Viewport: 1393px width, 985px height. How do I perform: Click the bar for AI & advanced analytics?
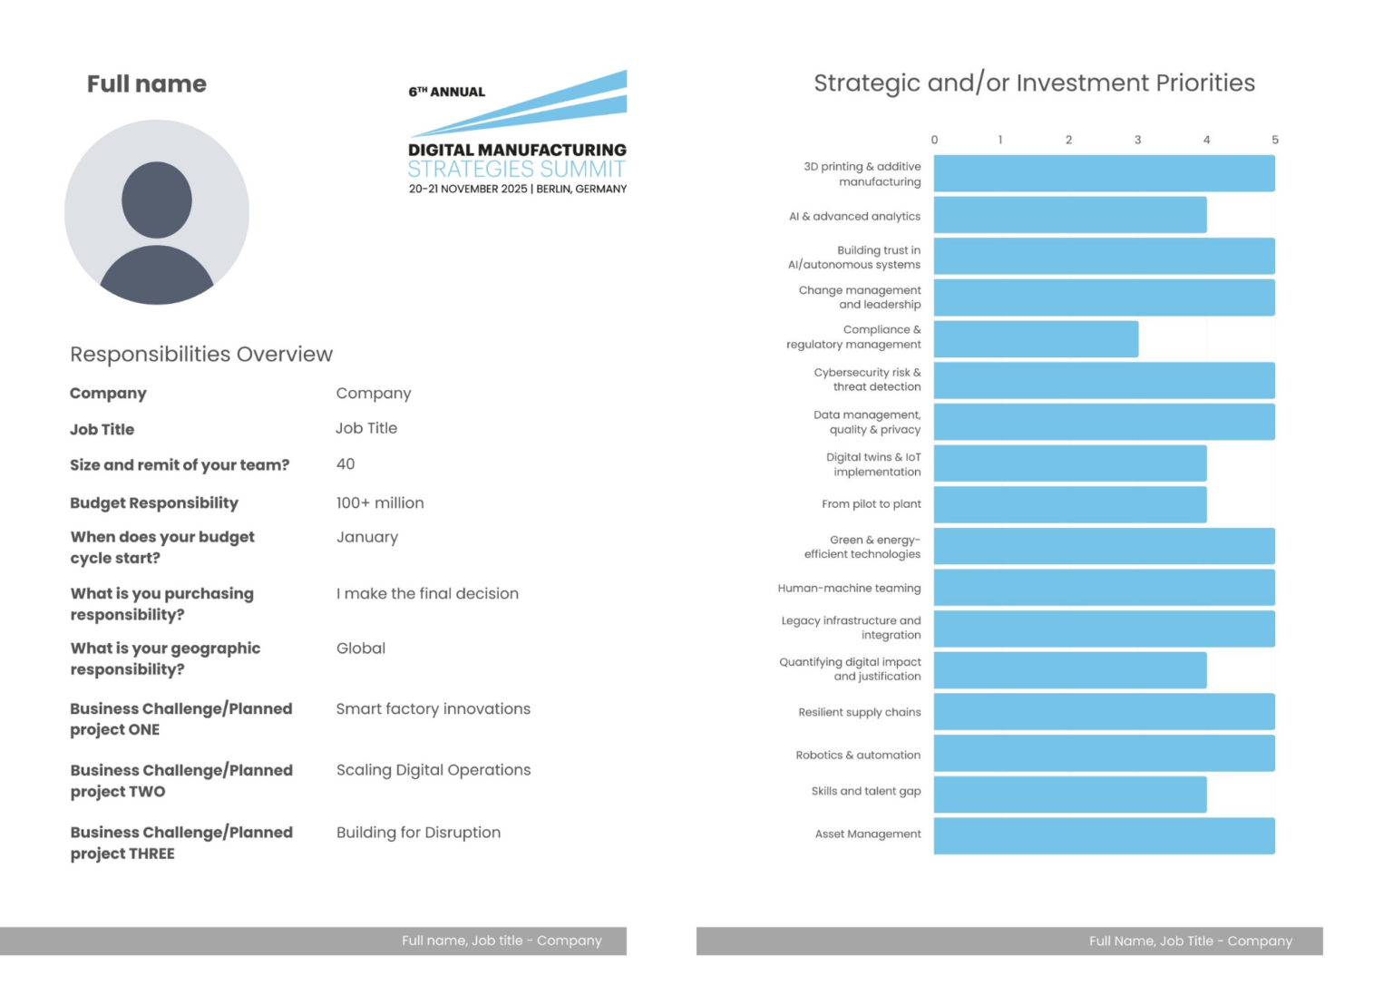coord(1070,215)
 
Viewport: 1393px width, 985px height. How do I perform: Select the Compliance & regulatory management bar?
coord(1036,339)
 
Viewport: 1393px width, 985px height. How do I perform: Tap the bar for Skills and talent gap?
coord(1070,795)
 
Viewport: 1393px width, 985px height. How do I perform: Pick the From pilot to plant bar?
coord(1070,504)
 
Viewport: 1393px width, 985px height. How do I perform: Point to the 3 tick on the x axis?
coord(1137,140)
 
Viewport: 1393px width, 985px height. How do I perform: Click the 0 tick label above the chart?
coord(934,140)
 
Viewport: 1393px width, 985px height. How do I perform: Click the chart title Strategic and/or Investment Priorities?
coord(1034,83)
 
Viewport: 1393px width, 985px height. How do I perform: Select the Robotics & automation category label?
coord(857,755)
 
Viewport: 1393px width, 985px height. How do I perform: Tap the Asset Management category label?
coord(867,834)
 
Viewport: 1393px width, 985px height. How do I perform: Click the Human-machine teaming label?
coord(849,588)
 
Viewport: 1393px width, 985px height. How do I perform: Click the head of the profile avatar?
coord(157,200)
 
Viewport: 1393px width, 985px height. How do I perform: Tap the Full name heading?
coord(147,84)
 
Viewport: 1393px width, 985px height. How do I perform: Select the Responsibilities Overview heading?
coord(201,354)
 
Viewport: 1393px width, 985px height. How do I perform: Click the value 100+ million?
coord(380,502)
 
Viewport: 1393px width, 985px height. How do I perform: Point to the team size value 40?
coord(346,464)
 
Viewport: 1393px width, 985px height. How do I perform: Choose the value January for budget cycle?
coord(367,537)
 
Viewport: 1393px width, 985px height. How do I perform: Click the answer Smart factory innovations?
coord(433,708)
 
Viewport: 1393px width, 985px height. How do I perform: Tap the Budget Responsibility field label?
coord(154,502)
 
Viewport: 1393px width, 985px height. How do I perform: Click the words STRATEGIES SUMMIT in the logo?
coord(516,170)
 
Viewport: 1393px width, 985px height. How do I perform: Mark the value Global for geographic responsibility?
coord(361,648)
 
